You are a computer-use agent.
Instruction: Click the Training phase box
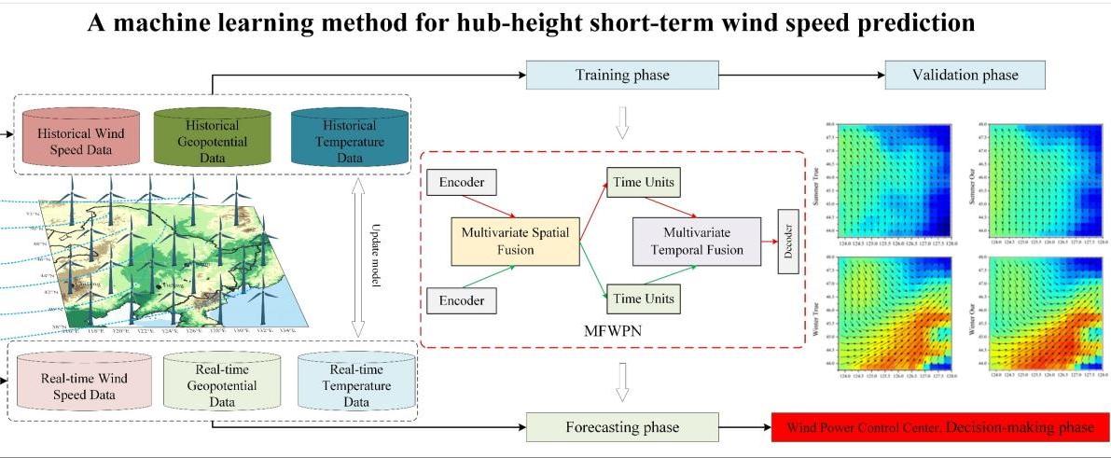623,75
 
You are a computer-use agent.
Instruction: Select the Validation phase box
965,75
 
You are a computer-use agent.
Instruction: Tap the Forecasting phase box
622,428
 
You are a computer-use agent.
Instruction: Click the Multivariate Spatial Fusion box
516,241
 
